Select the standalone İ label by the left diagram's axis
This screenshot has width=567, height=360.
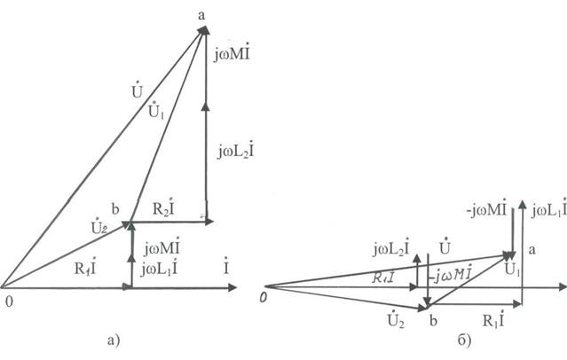227,264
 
